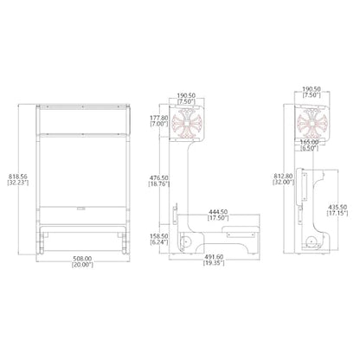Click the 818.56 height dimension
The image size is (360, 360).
(x=18, y=177)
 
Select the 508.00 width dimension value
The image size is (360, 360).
(x=82, y=259)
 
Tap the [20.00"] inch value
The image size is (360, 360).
(x=82, y=265)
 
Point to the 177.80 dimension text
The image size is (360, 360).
(x=158, y=118)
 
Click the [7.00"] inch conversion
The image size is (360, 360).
(x=158, y=124)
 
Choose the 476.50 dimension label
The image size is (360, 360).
(x=158, y=178)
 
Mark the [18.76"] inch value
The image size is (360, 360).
(x=158, y=184)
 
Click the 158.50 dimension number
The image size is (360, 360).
(x=158, y=236)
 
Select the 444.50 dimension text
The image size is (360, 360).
(x=218, y=212)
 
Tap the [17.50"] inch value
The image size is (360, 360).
(x=218, y=218)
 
